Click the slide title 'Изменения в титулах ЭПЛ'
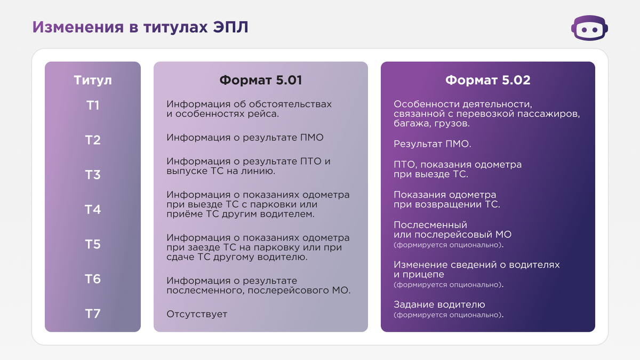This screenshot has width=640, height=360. point(140,27)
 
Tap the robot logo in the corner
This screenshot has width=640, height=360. point(590,28)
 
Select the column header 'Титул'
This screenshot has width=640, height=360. point(93,81)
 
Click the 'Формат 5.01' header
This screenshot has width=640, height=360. point(261,81)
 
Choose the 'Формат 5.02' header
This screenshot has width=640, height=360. point(487,81)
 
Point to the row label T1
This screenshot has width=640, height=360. point(93,106)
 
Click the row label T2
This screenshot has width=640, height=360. point(93,140)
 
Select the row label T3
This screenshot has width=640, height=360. point(93,175)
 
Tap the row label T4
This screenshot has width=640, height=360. point(93,210)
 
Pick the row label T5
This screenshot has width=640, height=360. point(93,244)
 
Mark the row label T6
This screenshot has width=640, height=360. point(93,279)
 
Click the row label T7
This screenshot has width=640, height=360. point(93,314)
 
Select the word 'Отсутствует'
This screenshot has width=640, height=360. point(197,314)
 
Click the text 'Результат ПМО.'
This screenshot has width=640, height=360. point(433,144)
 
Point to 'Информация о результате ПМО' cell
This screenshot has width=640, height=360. point(245,138)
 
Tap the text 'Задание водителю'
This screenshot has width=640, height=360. point(439,305)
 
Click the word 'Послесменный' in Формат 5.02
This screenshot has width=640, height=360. point(430,225)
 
